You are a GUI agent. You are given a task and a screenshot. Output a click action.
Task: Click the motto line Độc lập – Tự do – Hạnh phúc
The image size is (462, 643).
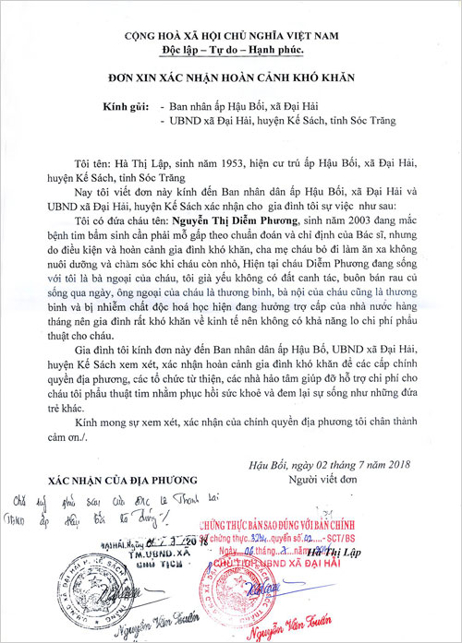pos(231,49)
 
